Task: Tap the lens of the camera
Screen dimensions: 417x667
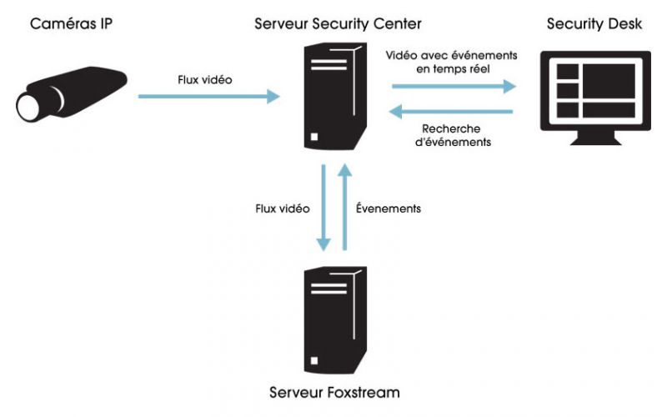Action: (x=27, y=105)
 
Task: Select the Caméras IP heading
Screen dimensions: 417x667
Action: (x=70, y=23)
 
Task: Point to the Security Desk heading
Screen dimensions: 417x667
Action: (x=594, y=23)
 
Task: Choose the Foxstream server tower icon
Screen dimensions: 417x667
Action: (x=333, y=317)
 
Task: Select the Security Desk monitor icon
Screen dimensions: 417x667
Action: (x=594, y=92)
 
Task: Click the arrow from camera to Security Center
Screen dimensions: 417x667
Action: (x=208, y=97)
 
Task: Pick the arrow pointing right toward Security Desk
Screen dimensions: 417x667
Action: (x=454, y=86)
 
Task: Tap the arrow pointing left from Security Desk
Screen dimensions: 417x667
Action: (x=454, y=110)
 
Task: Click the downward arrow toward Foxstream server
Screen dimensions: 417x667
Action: (x=323, y=208)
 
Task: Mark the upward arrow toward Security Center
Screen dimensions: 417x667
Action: (x=344, y=208)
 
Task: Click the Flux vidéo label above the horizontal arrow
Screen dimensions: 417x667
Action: (x=205, y=80)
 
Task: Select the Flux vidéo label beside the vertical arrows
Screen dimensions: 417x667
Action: (x=281, y=208)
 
